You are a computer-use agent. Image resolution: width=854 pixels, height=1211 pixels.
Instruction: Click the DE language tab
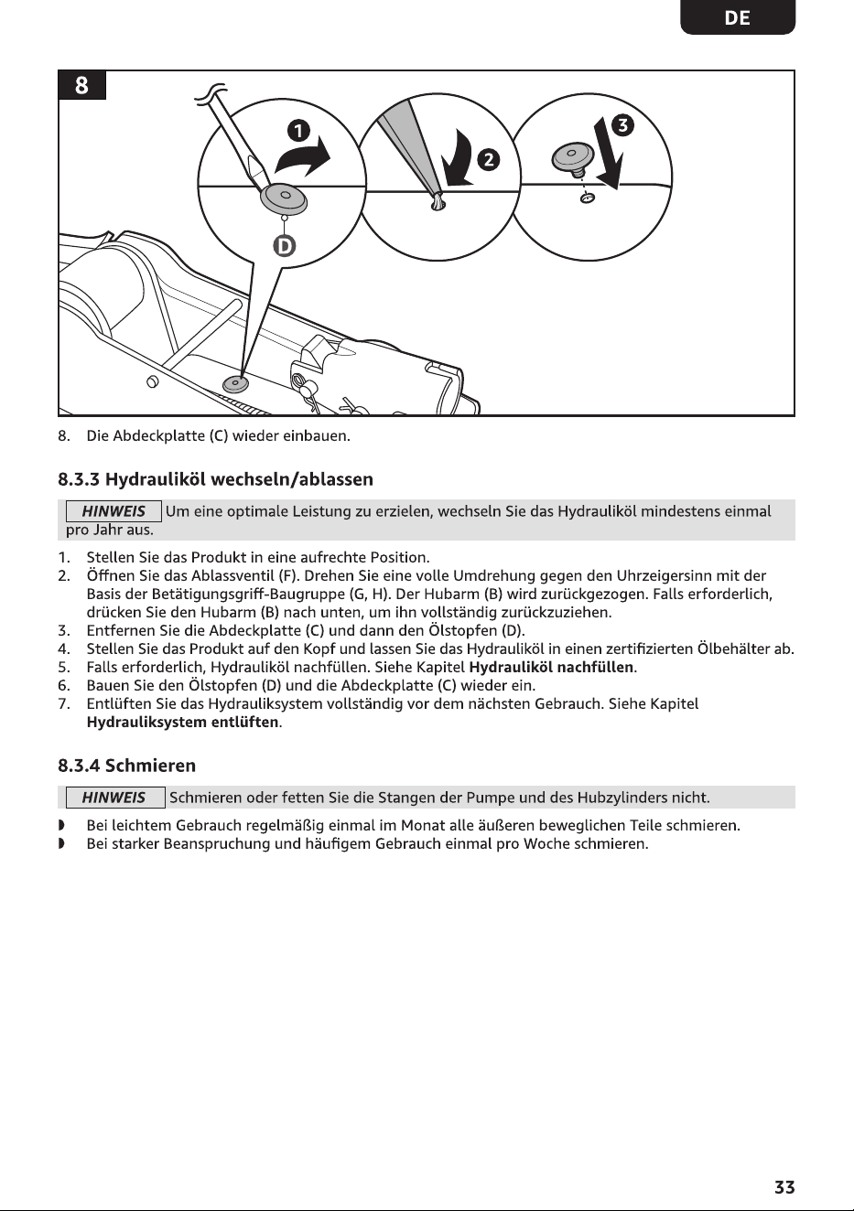[x=738, y=17]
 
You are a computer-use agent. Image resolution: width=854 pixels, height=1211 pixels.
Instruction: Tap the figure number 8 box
[x=81, y=85]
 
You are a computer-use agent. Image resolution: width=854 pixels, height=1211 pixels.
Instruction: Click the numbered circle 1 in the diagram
[x=298, y=131]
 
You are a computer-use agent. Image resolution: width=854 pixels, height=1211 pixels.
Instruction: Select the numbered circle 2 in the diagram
[x=489, y=160]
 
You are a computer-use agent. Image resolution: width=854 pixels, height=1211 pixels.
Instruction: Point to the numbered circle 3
[x=623, y=125]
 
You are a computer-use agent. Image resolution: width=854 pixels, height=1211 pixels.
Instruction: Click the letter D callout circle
[x=284, y=247]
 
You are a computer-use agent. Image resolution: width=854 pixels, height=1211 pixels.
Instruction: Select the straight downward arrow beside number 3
[x=609, y=154]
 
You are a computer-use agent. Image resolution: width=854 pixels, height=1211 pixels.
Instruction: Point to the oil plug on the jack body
[x=235, y=384]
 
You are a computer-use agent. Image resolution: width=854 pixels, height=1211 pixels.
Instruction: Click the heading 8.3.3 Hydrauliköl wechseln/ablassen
[x=215, y=479]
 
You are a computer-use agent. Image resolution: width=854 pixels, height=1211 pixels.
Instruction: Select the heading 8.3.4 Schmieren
[x=126, y=765]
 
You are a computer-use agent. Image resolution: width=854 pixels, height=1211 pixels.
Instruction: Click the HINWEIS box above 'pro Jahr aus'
[x=114, y=511]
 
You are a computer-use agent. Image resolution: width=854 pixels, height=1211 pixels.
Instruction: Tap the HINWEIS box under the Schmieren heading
[x=115, y=798]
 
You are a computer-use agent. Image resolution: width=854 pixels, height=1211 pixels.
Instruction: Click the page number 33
[x=784, y=1187]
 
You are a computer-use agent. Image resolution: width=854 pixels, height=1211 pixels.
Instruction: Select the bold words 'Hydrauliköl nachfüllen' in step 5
[x=551, y=667]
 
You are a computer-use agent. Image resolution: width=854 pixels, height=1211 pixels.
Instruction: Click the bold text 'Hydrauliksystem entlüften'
[x=182, y=722]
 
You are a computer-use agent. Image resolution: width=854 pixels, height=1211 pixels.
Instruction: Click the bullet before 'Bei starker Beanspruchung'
[x=61, y=843]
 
